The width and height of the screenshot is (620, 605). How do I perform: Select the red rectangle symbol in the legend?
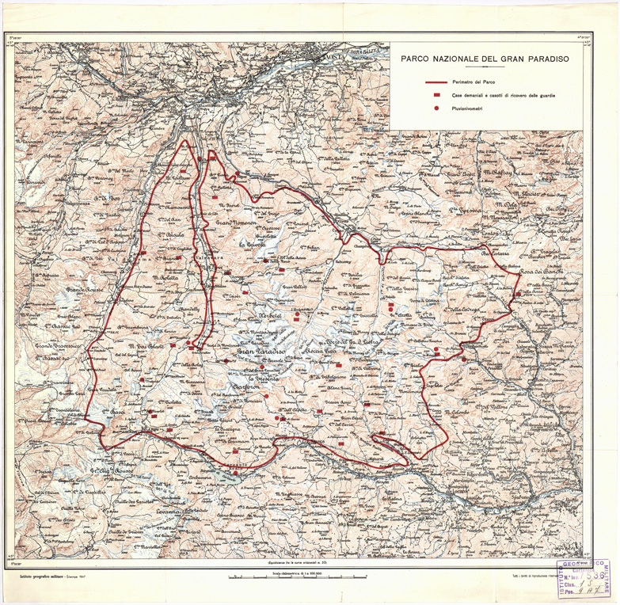coord(436,94)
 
